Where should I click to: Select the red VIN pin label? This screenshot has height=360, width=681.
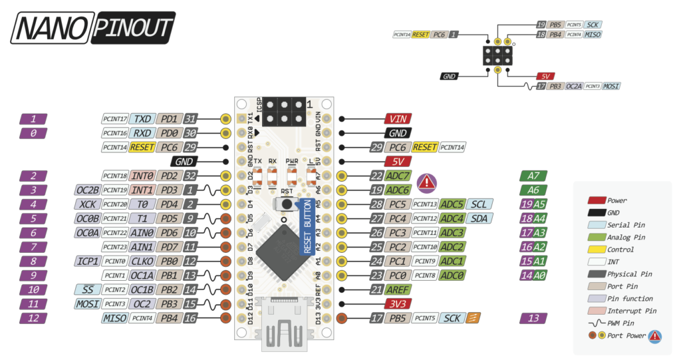(398, 119)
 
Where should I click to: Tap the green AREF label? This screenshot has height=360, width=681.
(397, 289)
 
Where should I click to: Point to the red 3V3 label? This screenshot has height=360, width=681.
(398, 304)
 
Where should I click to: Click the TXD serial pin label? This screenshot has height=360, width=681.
(142, 119)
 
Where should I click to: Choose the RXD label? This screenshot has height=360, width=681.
(142, 133)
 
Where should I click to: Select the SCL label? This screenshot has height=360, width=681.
(479, 204)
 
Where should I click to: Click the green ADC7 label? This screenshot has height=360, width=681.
(398, 176)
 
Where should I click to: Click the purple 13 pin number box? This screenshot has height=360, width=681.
(534, 318)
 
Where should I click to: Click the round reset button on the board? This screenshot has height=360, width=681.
(285, 204)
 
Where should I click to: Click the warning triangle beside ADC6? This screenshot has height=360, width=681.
(426, 182)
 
